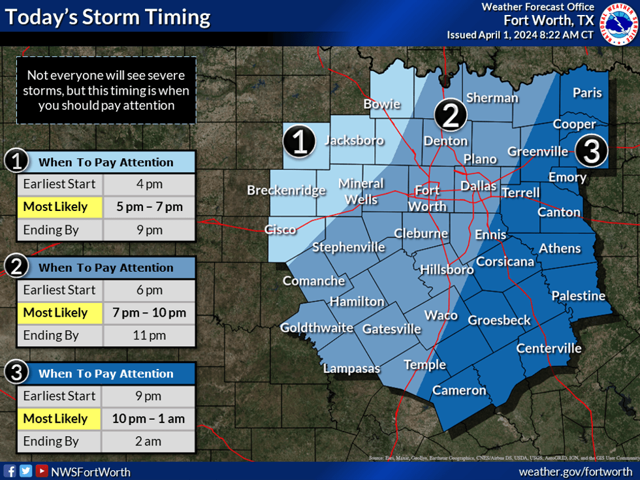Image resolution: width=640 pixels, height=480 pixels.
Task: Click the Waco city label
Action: pos(441,315)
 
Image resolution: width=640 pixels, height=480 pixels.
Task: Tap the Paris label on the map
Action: pos(587,93)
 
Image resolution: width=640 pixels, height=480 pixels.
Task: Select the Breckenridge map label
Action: pos(286,191)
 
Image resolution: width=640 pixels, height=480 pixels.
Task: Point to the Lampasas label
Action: pos(351,369)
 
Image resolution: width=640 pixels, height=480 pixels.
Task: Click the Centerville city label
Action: pos(549,348)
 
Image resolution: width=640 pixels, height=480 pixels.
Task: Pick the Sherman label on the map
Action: pos(492,98)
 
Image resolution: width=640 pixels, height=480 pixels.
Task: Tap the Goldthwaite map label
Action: pos(317,328)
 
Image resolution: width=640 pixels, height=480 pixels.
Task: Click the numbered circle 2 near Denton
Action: pos(451,116)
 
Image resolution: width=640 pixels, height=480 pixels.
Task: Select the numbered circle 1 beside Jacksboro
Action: pos(299,142)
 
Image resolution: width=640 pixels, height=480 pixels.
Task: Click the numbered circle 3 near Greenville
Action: pos(591,152)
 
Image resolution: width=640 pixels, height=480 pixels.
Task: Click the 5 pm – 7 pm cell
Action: pos(149,207)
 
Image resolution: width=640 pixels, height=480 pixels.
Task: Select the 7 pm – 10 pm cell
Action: pos(149,313)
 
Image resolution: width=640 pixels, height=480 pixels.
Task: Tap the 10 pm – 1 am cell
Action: pos(149,419)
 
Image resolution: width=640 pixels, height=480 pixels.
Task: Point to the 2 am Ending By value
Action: pos(149,441)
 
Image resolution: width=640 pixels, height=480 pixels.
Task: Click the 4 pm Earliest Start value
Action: pos(149,184)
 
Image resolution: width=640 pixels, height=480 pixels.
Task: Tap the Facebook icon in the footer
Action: pos(10,471)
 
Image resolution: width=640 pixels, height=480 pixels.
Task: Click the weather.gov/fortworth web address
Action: pos(575,472)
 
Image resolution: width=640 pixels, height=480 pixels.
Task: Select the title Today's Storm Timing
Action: pos(108,18)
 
